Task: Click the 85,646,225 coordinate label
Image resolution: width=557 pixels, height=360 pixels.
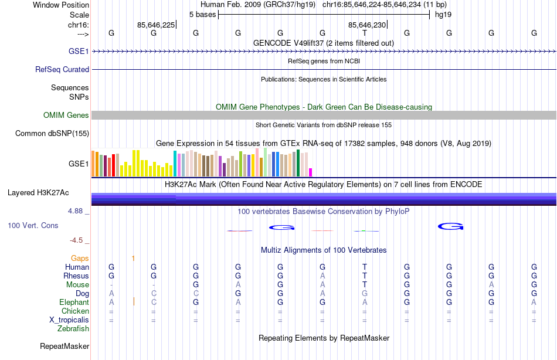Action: [x=155, y=25]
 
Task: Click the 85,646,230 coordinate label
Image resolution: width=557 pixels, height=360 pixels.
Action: [x=366, y=25]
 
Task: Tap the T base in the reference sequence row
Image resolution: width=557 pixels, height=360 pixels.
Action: [x=365, y=33]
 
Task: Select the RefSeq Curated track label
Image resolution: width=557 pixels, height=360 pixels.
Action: [x=62, y=69]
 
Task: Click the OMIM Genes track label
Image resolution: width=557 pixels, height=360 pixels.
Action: [x=66, y=116]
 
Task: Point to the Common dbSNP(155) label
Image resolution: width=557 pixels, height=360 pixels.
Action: [x=52, y=134]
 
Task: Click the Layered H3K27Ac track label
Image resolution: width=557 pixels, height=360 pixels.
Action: [x=38, y=192]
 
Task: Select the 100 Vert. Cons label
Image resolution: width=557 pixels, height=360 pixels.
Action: [x=33, y=225]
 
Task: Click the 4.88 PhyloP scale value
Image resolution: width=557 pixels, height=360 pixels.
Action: [x=78, y=211]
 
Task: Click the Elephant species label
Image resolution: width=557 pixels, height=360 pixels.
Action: [x=74, y=302]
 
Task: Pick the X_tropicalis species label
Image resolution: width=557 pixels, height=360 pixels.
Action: [x=69, y=320]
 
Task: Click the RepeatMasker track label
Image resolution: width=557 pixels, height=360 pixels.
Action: [x=64, y=347]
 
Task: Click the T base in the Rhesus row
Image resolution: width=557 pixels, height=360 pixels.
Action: [x=365, y=276]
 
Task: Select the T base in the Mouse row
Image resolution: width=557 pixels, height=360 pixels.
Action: [x=365, y=284]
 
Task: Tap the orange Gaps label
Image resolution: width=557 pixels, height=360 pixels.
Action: [x=80, y=258]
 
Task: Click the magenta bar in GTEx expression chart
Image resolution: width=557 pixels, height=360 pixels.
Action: [x=310, y=172]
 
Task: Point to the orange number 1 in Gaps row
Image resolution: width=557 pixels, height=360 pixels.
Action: [x=134, y=258]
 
